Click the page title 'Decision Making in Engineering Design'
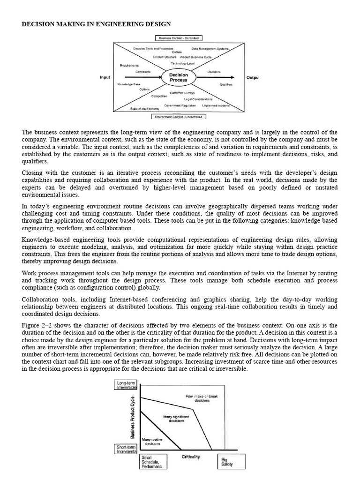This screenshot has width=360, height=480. tap(97, 23)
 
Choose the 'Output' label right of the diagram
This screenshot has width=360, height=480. tap(253, 77)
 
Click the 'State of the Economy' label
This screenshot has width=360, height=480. tap(143, 108)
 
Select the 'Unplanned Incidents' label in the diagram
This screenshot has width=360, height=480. tap(216, 105)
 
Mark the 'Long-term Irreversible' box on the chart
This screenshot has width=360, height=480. tap(126, 385)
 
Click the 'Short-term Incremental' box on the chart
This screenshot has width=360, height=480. tap(126, 449)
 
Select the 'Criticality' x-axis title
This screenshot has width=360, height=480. tap(190, 456)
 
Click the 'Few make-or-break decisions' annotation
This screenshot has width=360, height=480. tap(202, 398)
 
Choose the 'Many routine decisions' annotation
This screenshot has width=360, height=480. tap(152, 441)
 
